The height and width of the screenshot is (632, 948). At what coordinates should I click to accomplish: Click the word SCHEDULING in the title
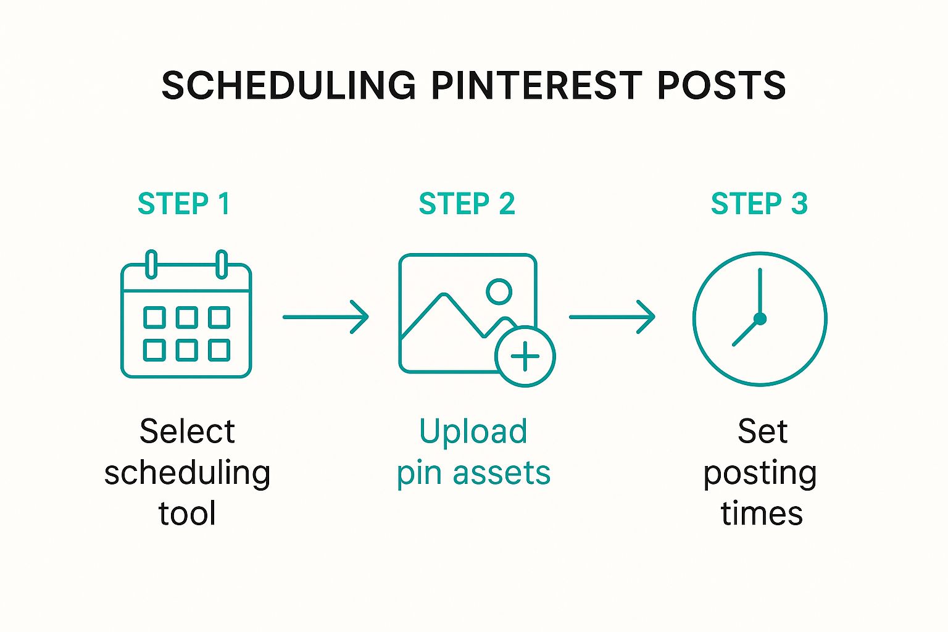point(289,85)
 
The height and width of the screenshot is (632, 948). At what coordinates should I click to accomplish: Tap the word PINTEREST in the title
point(536,85)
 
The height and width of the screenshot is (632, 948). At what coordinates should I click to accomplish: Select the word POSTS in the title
point(721,85)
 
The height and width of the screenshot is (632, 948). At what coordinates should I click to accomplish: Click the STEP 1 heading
point(184,204)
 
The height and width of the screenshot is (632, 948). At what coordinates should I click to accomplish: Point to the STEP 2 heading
point(467,204)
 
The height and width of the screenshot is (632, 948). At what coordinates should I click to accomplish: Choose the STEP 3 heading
point(759,204)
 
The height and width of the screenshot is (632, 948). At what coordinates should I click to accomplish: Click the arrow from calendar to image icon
point(325,317)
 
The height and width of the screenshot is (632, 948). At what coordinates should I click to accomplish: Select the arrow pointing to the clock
point(612,317)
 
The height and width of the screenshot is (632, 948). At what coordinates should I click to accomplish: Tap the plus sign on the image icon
point(525,357)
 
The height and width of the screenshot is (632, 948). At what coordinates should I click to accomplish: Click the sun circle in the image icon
point(499,292)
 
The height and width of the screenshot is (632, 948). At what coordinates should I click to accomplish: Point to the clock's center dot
point(760,318)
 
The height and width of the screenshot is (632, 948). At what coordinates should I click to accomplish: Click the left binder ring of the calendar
point(151,265)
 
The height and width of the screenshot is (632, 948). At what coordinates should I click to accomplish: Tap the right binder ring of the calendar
point(222,265)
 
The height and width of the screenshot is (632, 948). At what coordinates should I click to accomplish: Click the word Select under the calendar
point(187,432)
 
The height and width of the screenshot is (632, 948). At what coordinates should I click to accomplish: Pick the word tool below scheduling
point(187,513)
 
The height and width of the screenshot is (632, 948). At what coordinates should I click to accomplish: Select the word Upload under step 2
point(473,432)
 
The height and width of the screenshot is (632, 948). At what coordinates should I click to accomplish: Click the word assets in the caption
point(502,473)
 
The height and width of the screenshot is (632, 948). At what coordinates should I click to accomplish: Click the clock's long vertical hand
point(760,293)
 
